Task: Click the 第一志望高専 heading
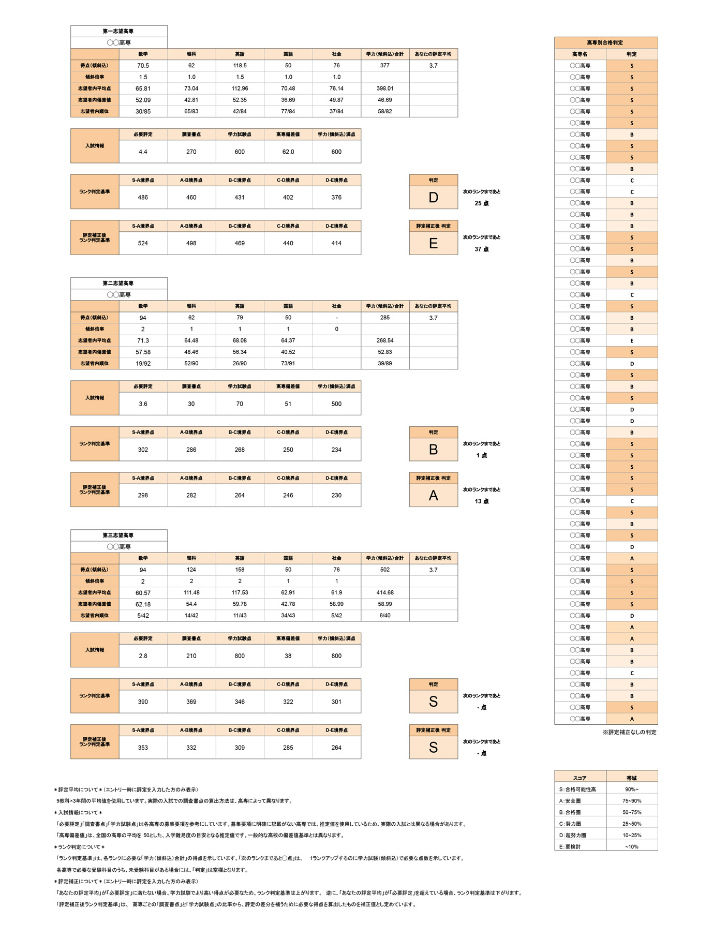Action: pos(118,32)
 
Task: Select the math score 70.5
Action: pos(143,66)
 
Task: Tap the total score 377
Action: pos(384,66)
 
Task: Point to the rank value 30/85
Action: pos(143,111)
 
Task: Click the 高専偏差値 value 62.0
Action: pos(288,152)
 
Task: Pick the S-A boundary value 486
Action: pos(143,197)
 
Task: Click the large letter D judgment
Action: pos(433,198)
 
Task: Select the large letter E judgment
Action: pos(433,244)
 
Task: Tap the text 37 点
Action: pos(481,249)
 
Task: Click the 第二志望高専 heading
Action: pos(118,284)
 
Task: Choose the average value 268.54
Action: pos(384,340)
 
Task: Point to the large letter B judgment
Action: pos(433,450)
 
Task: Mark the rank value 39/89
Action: pos(384,363)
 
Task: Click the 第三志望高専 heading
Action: pos(118,535)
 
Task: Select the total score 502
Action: pos(384,570)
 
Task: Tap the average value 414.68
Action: pos(384,592)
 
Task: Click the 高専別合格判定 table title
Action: pos(605,42)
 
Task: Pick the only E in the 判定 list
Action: pos(631,341)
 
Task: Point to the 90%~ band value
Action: pos(631,790)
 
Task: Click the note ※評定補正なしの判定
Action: pos(629,732)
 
